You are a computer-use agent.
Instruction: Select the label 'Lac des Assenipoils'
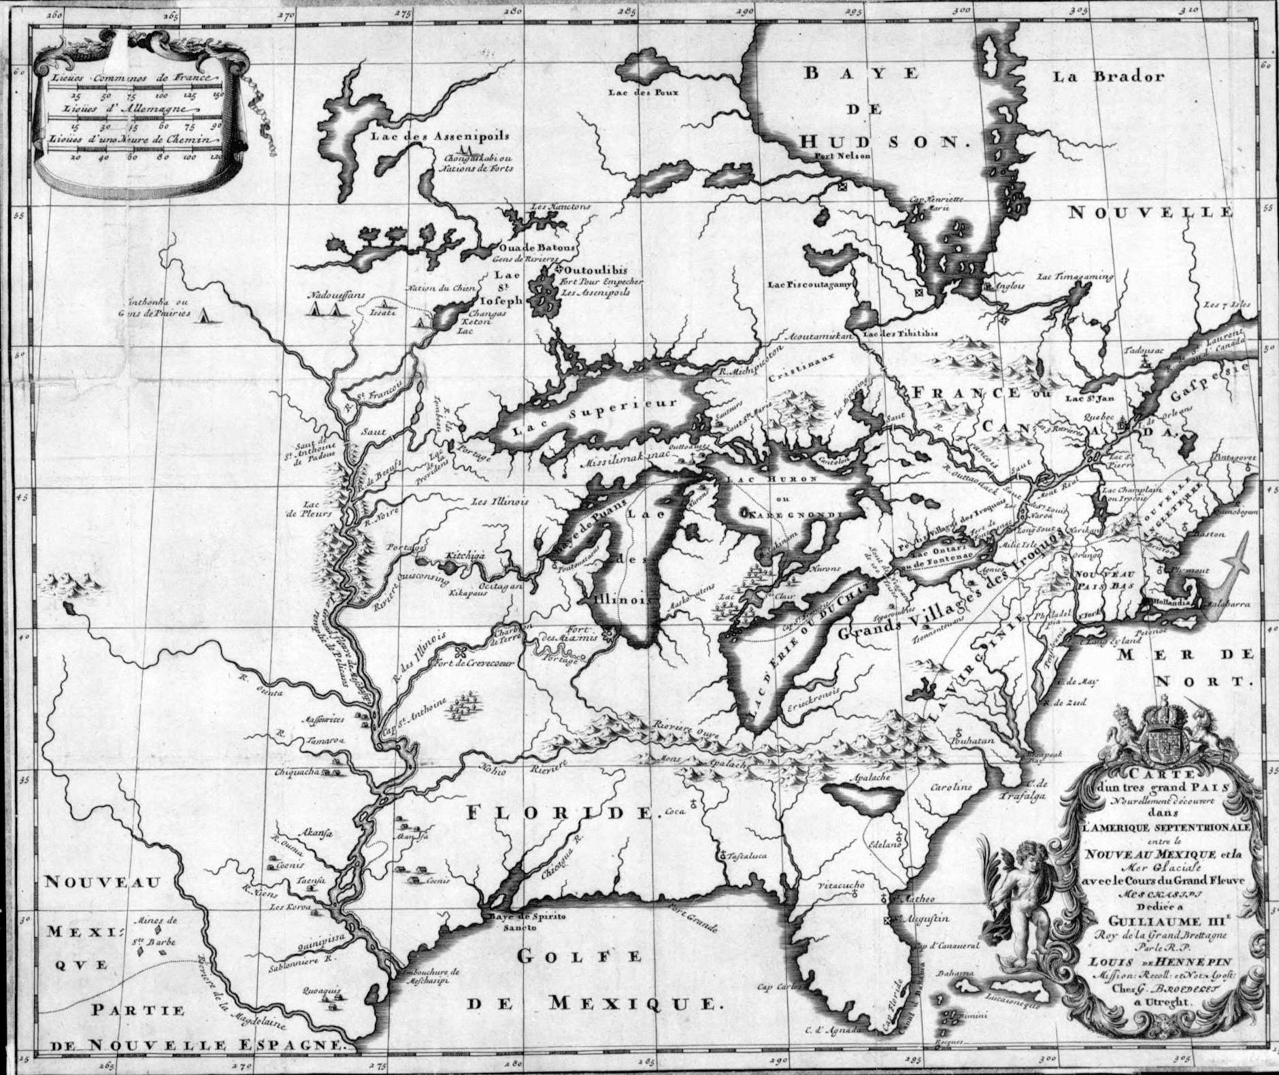click(x=439, y=135)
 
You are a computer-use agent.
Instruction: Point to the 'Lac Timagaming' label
click(x=1075, y=277)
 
